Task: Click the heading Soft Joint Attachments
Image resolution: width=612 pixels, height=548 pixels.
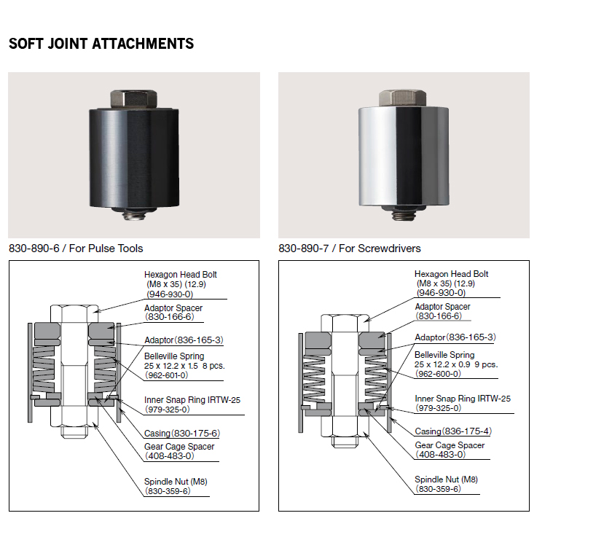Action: [101, 44]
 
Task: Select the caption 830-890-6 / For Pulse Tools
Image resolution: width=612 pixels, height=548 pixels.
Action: [76, 248]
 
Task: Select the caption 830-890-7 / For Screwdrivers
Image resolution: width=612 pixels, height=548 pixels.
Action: [350, 248]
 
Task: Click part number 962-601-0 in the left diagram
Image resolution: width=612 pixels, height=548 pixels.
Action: [166, 375]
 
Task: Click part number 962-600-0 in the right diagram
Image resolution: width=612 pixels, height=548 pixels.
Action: [437, 374]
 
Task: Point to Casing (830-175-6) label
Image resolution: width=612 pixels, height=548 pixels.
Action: [181, 434]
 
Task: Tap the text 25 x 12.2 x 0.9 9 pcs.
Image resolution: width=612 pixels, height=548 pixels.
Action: [455, 364]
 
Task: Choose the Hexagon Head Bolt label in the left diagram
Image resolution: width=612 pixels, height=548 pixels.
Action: [181, 275]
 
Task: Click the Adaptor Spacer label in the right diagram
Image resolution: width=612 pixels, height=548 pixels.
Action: [442, 307]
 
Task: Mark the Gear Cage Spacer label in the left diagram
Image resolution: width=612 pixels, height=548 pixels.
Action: [179, 447]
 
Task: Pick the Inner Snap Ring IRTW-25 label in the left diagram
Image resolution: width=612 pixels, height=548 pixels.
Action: [192, 400]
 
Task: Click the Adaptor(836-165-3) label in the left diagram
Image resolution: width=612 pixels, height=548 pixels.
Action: [184, 340]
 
